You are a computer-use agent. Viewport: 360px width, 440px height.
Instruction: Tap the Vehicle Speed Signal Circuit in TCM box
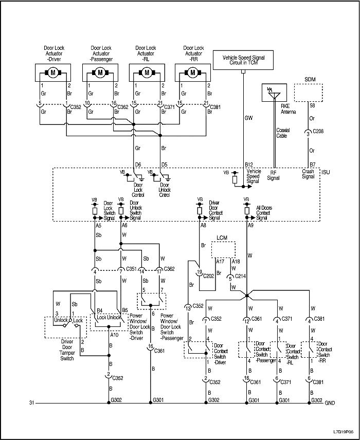pos(243,61)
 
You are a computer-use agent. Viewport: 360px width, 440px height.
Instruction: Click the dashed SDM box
pos(309,93)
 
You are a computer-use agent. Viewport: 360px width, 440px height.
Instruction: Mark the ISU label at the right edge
pos(326,171)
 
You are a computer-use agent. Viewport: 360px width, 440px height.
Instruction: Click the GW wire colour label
pos(248,118)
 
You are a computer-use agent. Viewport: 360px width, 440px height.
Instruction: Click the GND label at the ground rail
pos(330,402)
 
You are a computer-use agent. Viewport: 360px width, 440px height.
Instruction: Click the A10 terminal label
pos(115,335)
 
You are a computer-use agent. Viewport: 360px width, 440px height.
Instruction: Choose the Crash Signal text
pos(308,174)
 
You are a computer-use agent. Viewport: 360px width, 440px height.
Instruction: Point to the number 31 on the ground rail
pos(32,402)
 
